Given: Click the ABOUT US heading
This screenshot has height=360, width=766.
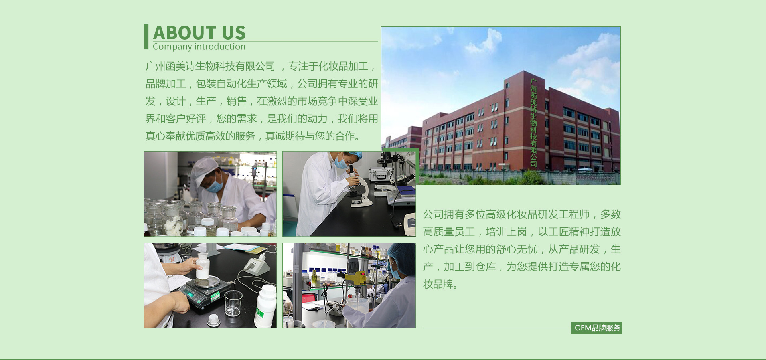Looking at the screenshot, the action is point(199,32).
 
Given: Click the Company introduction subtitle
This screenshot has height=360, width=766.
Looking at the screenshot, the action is point(199,47).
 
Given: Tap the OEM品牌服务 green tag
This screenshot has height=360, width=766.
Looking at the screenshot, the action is point(596,328).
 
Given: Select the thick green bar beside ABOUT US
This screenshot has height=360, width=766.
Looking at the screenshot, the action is point(146,37).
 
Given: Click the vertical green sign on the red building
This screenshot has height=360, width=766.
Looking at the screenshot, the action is point(533,122).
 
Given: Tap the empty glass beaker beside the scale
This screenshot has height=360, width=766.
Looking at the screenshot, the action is point(233,303).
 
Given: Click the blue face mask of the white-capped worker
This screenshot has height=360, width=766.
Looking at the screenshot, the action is point(215,186).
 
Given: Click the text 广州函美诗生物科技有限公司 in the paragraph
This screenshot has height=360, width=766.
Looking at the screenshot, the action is point(210,66).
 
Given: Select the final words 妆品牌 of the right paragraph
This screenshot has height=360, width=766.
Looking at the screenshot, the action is point(438,284).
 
